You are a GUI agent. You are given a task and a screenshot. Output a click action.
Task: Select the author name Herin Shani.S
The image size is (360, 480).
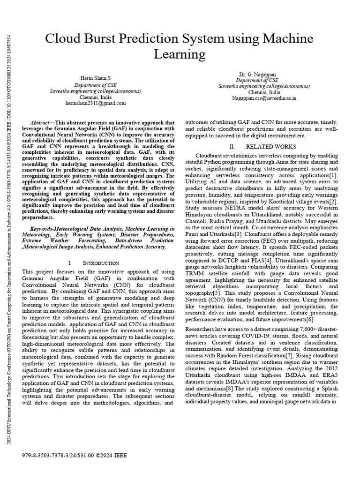pos(96,77)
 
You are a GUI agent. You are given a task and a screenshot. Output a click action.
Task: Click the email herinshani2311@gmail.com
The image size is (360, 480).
pos(96,103)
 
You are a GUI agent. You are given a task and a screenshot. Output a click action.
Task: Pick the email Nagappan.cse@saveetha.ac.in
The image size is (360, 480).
pos(264,99)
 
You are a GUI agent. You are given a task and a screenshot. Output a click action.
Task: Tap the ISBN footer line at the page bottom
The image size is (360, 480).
pos(74,454)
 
